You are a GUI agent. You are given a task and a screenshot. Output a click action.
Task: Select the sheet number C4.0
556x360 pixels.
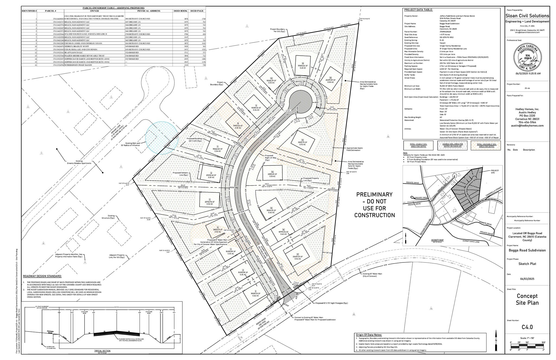(527, 327)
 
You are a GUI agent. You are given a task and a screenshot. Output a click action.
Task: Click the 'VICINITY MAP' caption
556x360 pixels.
(437, 240)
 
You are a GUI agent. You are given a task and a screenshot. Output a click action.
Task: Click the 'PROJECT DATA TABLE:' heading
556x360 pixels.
(418, 10)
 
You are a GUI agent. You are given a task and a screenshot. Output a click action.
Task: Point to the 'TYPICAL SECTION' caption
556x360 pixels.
(102, 351)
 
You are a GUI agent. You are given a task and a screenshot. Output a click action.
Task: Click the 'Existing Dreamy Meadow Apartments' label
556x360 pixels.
(79, 162)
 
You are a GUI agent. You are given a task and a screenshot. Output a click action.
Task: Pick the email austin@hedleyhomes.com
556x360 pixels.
(527, 126)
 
